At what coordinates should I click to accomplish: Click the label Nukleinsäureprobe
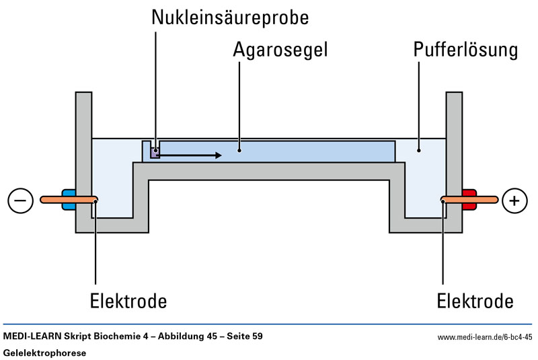[229, 17]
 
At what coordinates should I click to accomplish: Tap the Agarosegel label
[280, 50]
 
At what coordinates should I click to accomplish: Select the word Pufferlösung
[465, 50]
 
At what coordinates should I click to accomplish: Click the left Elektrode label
[128, 301]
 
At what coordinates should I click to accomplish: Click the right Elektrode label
[475, 301]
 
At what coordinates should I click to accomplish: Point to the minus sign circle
[21, 201]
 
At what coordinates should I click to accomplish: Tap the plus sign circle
[515, 201]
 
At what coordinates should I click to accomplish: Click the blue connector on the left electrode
[69, 199]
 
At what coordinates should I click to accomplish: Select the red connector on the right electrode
[469, 199]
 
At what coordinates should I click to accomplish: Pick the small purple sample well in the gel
[155, 152]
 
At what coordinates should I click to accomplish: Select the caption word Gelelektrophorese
[44, 353]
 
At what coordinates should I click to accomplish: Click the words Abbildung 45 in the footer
[182, 336]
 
